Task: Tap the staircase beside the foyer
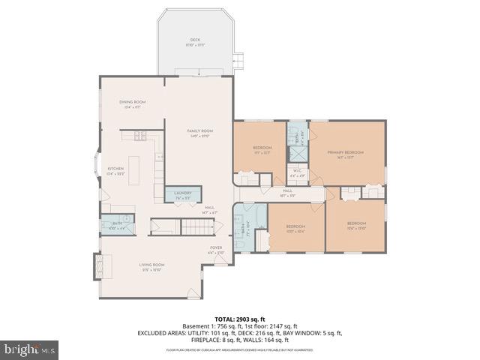pyautogui.click(x=198, y=226)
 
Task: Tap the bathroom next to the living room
pyautogui.click(x=118, y=224)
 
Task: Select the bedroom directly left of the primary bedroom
pyautogui.click(x=262, y=148)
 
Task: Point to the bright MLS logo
pyautogui.click(x=30, y=349)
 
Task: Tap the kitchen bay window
pyautogui.click(x=94, y=169)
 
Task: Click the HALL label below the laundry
pyautogui.click(x=209, y=210)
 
